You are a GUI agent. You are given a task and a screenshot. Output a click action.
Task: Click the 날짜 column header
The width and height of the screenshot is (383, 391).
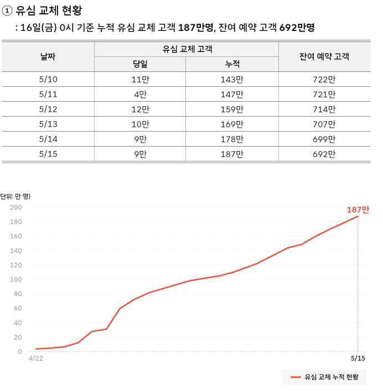pyautogui.click(x=48, y=56)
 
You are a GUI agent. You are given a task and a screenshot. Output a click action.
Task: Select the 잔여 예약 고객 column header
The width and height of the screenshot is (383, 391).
pyautogui.click(x=324, y=56)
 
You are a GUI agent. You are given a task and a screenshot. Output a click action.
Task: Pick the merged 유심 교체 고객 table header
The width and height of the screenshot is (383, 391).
pyautogui.click(x=187, y=49)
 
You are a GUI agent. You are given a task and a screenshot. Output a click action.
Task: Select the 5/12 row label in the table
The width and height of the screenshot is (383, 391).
pyautogui.click(x=48, y=110)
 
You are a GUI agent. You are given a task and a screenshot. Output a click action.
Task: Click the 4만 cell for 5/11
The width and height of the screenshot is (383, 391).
pyautogui.click(x=139, y=95)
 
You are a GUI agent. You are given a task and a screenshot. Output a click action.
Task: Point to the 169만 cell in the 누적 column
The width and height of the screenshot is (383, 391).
pyautogui.click(x=232, y=124)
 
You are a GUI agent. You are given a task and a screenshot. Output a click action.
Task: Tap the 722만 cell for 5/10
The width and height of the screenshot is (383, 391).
pyautogui.click(x=324, y=80)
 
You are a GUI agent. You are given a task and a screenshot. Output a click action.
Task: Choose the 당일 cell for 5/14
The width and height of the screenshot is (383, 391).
pyautogui.click(x=139, y=139)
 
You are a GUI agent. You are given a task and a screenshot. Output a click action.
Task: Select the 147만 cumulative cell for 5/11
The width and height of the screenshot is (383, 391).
pyautogui.click(x=232, y=95)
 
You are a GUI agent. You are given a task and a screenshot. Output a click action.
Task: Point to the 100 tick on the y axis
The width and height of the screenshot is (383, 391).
pyautogui.click(x=15, y=280)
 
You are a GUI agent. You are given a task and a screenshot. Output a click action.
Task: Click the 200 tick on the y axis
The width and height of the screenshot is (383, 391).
pyautogui.click(x=15, y=208)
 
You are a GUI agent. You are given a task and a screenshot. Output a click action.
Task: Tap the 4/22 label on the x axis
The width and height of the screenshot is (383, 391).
pyautogui.click(x=35, y=358)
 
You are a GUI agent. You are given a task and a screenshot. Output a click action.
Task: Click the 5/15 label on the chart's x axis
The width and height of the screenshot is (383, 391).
pyautogui.click(x=358, y=358)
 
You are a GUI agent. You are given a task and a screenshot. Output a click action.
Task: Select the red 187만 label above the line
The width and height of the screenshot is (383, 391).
pyautogui.click(x=358, y=210)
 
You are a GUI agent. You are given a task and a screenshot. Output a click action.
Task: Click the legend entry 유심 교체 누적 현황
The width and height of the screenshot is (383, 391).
pyautogui.click(x=324, y=377)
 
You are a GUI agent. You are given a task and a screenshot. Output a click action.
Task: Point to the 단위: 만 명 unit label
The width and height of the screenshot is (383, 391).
pyautogui.click(x=15, y=196)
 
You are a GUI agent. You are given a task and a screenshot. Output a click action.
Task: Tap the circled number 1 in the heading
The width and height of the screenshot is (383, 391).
pyautogui.click(x=8, y=10)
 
